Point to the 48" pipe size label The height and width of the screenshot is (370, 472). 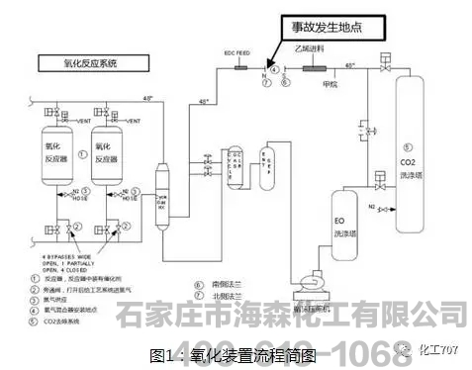coord(148,99)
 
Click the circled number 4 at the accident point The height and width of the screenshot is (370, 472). coord(274,69)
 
